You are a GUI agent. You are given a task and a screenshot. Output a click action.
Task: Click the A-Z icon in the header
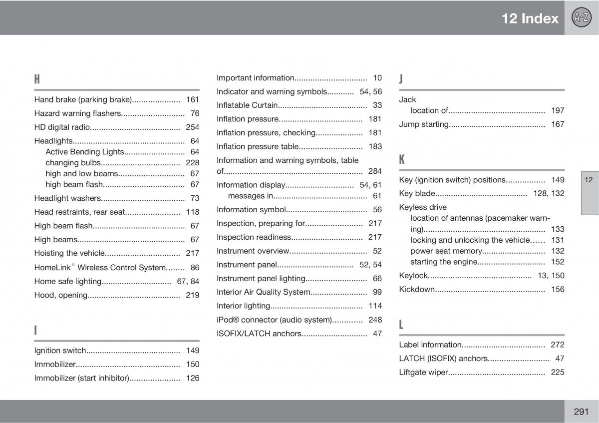pyautogui.click(x=581, y=18)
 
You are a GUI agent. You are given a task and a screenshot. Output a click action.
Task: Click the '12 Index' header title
pyautogui.click(x=530, y=18)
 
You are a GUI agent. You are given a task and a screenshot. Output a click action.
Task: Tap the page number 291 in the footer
pyautogui.click(x=581, y=412)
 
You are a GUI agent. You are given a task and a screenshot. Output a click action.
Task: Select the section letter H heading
pyautogui.click(x=37, y=79)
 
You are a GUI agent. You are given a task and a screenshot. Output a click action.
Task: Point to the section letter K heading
pyautogui.click(x=402, y=160)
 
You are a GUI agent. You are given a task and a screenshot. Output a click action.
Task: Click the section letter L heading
pyautogui.click(x=402, y=325)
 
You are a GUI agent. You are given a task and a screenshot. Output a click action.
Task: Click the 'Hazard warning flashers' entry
pyautogui.click(x=78, y=113)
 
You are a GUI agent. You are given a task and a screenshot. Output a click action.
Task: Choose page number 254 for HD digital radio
pyautogui.click(x=192, y=127)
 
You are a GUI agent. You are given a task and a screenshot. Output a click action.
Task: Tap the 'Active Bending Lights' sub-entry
pyautogui.click(x=84, y=152)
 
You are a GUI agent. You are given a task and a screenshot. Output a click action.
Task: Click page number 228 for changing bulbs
pyautogui.click(x=192, y=163)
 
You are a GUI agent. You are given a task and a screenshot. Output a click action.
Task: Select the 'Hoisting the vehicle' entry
pyautogui.click(x=69, y=253)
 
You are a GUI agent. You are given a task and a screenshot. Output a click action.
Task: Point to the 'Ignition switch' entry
pyautogui.click(x=60, y=351)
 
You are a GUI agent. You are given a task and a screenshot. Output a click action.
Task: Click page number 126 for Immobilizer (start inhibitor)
pyautogui.click(x=192, y=378)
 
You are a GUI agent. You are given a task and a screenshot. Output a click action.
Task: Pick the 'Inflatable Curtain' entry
pyautogui.click(x=247, y=105)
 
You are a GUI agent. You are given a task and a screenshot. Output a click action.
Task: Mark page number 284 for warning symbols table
pyautogui.click(x=375, y=171)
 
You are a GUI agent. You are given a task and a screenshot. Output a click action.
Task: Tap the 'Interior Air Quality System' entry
pyautogui.click(x=264, y=292)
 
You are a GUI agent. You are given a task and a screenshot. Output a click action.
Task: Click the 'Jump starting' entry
pyautogui.click(x=424, y=124)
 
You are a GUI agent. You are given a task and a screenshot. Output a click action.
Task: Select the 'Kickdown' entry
pyautogui.click(x=417, y=289)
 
